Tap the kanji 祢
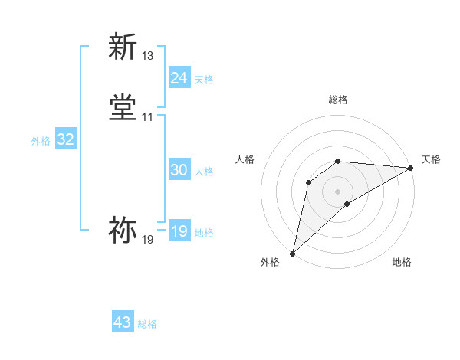coord(123,230)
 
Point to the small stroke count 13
coord(148,56)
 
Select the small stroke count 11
coord(148,117)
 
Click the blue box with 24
coord(179,78)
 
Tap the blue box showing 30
coord(179,170)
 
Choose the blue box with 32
coord(66,139)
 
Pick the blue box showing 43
coord(123,322)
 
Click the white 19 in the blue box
coord(179,231)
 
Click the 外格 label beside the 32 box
coord(41,141)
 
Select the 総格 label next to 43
coord(148,324)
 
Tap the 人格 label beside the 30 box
coord(205,172)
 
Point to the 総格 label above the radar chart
coord(338,100)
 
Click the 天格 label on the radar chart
coord(431,159)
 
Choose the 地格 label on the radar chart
coord(402,262)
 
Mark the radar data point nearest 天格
coord(411,168)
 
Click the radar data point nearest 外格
coord(293,254)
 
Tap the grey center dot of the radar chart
coord(338,191)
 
